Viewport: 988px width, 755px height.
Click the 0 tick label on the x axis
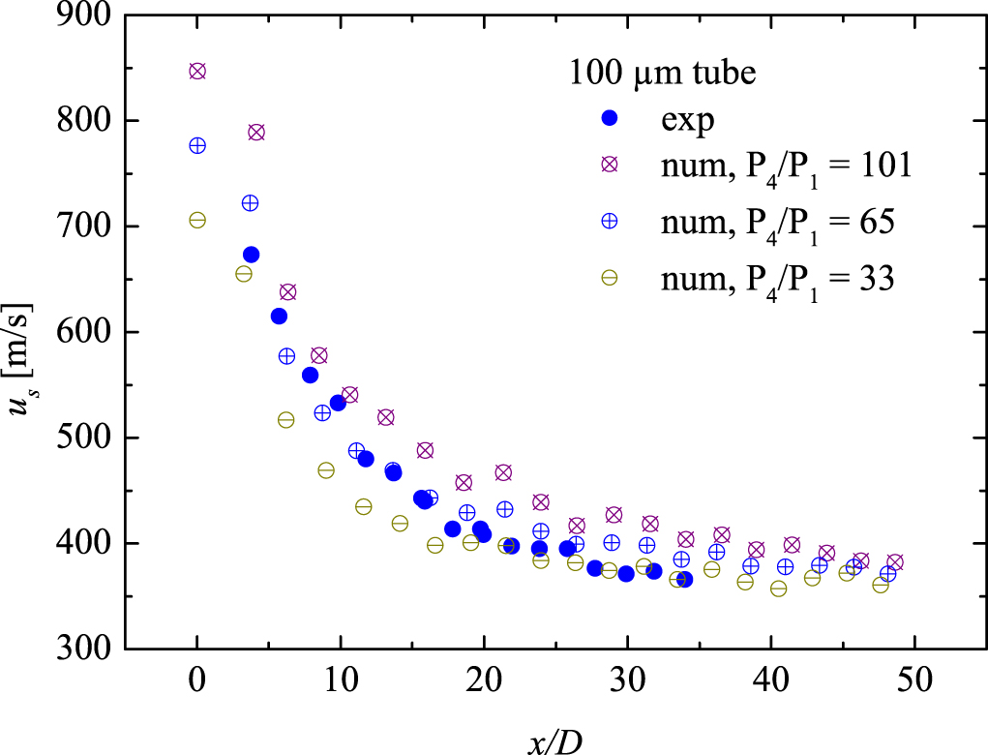(x=197, y=679)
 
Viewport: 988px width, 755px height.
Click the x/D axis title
(x=555, y=740)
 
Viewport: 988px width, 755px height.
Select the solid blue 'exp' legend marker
(x=610, y=118)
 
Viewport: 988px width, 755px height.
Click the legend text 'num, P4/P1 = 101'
(x=786, y=166)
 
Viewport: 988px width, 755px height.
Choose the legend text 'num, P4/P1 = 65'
(x=776, y=222)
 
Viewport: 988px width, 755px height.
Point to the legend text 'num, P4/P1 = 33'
(x=776, y=278)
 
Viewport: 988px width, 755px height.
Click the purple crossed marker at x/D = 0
(x=197, y=72)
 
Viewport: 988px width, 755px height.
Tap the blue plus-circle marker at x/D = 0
(x=197, y=145)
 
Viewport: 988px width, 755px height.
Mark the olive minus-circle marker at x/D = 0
(x=197, y=220)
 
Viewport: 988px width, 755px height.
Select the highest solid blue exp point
(x=251, y=255)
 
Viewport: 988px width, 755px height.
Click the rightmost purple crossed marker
(x=895, y=562)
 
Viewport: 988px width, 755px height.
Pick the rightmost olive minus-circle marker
(x=881, y=585)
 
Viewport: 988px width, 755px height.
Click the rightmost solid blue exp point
(x=684, y=579)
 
